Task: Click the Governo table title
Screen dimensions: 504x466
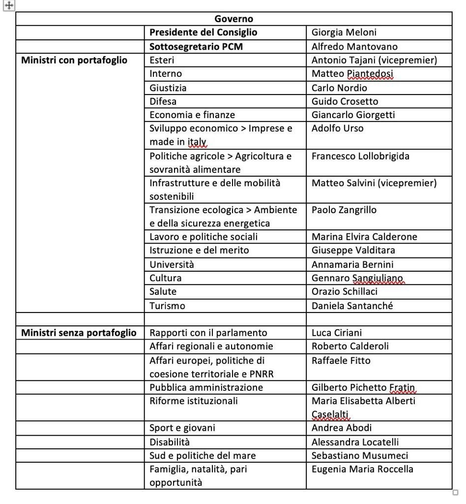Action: [x=234, y=19]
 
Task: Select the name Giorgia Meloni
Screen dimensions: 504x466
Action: [x=344, y=32]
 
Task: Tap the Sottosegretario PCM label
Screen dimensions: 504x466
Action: [x=196, y=47]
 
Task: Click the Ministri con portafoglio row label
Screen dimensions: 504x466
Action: [x=74, y=60]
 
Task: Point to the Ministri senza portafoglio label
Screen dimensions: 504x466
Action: [x=79, y=333]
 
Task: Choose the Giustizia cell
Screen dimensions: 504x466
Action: [x=168, y=88]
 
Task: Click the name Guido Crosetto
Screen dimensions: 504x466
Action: [x=345, y=101]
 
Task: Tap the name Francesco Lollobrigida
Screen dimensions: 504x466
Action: [x=360, y=156]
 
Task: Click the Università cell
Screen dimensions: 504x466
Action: [x=172, y=264]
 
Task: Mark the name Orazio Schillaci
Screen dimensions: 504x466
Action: [x=345, y=291]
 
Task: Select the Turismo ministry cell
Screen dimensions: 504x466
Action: [x=168, y=306]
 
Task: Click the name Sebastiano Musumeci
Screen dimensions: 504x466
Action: [x=360, y=455]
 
